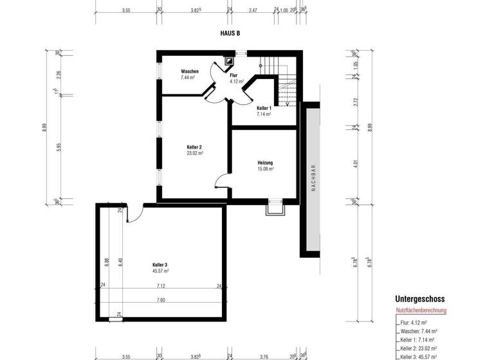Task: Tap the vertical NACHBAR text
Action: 313,180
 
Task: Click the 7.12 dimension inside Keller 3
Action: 160,286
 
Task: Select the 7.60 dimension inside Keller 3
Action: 160,300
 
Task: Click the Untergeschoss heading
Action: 419,299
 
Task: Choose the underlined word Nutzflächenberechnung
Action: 421,310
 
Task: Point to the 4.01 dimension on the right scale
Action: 356,163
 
